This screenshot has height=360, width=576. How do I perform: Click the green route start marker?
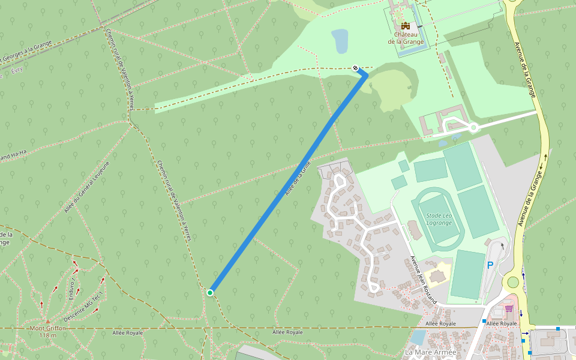[x=210, y=292]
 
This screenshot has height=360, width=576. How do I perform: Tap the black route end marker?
[x=356, y=68]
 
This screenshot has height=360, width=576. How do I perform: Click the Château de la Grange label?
[x=406, y=38]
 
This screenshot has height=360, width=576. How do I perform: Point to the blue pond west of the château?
[x=340, y=40]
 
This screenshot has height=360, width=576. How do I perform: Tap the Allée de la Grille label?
[x=298, y=178]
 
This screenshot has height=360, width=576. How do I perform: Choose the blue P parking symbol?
[x=490, y=265]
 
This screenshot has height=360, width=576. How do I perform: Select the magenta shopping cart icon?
[x=509, y=308]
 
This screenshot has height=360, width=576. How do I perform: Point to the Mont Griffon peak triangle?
[x=48, y=321]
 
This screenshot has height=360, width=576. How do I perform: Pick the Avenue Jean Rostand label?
[x=423, y=280]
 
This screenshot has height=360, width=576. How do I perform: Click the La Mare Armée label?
[x=430, y=352]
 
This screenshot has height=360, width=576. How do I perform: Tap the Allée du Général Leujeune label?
[x=87, y=187]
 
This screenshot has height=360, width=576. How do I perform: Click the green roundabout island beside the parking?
[x=512, y=281]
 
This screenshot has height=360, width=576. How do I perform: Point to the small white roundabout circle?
[x=473, y=127]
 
